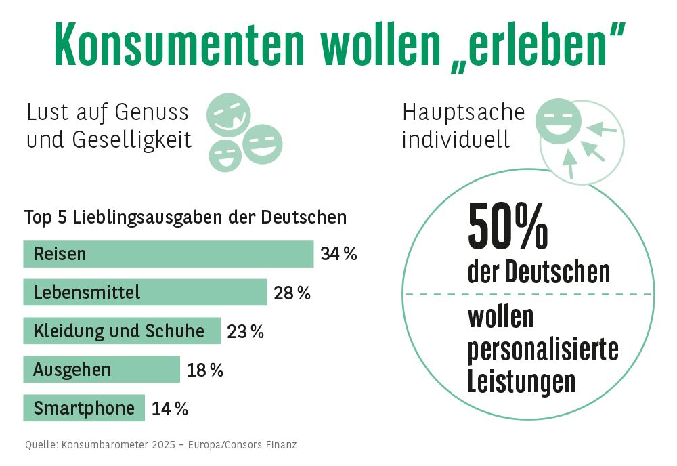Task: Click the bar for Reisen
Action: [x=169, y=254]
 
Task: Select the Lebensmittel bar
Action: [x=145, y=293]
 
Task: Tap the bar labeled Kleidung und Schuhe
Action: [x=122, y=331]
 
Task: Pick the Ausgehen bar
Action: [x=102, y=370]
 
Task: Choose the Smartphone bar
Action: [x=84, y=408]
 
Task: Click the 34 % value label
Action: [x=338, y=255]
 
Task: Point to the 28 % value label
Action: [x=292, y=293]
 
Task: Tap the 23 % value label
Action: [x=245, y=332]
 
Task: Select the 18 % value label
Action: [x=204, y=370]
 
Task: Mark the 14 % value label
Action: [x=169, y=409]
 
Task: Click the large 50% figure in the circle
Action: [x=508, y=227]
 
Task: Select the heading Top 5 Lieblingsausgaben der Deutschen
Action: [x=185, y=217]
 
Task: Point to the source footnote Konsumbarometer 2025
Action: [x=161, y=445]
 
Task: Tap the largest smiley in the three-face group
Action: [x=228, y=114]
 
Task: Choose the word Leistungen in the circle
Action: [x=521, y=381]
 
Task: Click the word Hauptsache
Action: [x=464, y=112]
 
